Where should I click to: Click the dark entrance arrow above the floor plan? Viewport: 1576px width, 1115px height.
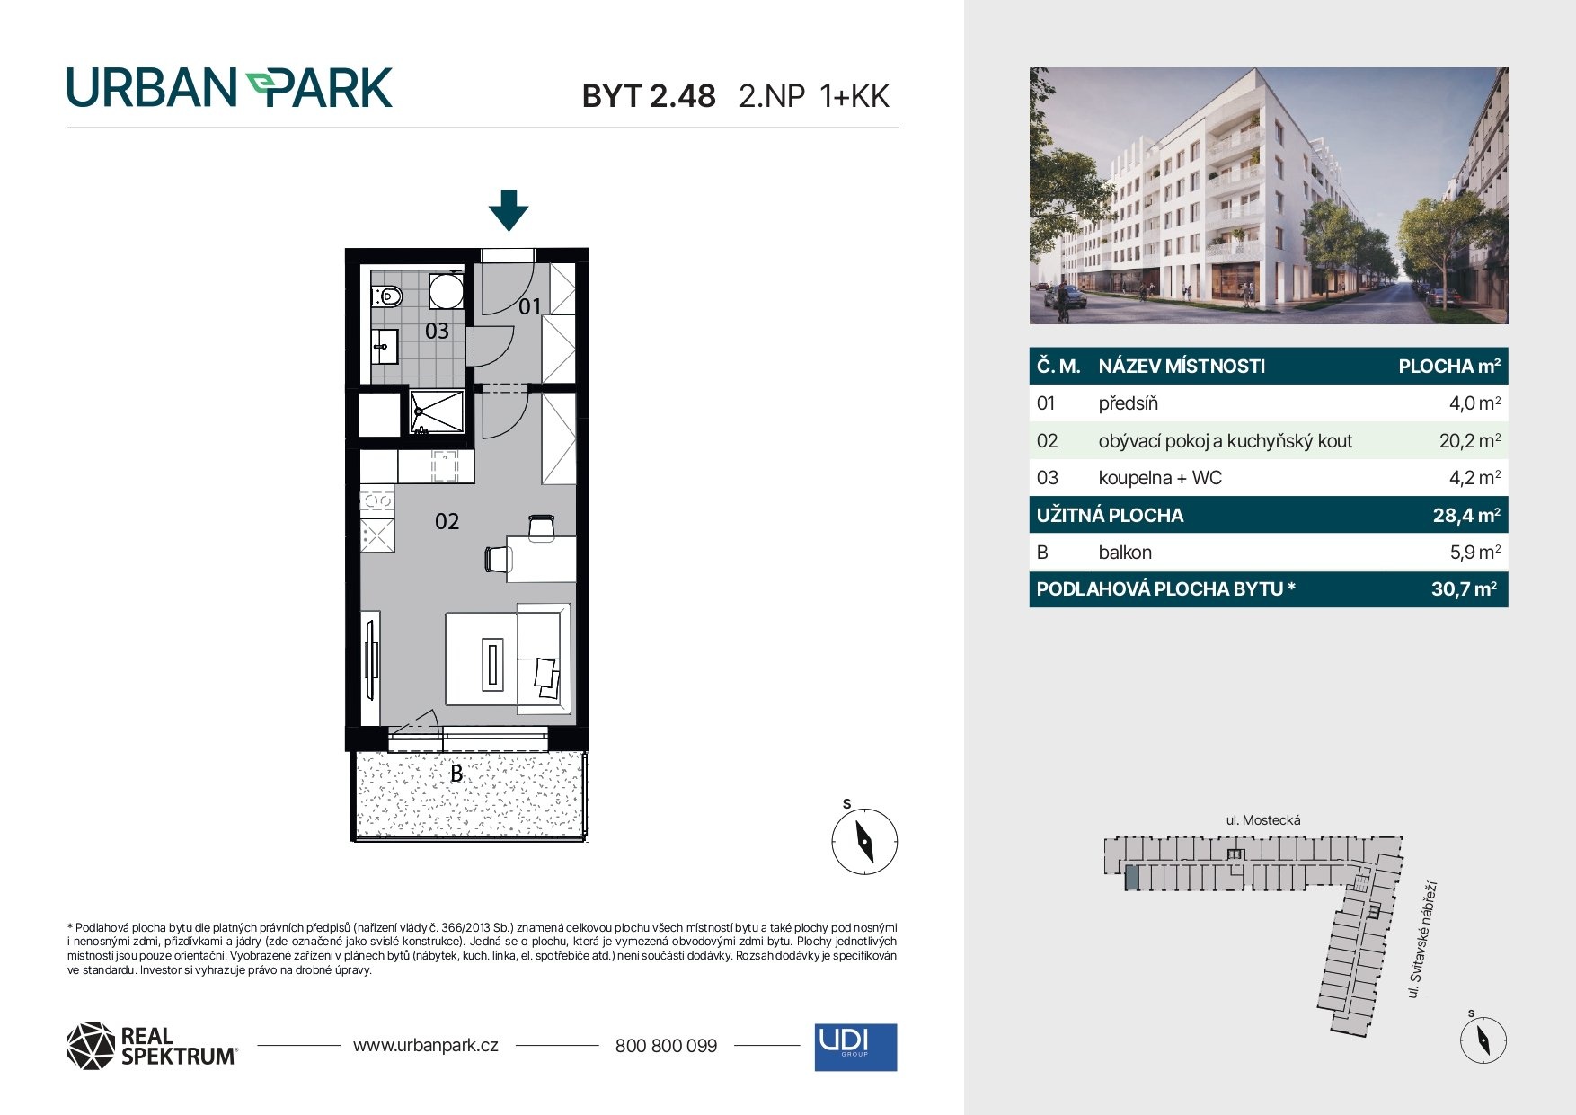[x=509, y=210]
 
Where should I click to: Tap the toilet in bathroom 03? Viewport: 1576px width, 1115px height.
[x=387, y=296]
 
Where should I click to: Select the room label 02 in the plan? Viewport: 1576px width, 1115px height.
[x=447, y=521]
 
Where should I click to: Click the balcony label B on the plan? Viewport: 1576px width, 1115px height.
[x=456, y=773]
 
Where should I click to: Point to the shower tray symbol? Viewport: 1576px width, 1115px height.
[x=438, y=411]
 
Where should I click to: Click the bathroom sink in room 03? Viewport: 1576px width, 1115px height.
[x=385, y=346]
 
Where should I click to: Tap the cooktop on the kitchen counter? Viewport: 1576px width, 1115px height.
[x=377, y=500]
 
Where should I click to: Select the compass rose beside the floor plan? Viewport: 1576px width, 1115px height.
[x=864, y=842]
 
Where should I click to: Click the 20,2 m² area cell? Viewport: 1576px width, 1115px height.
[x=1469, y=440]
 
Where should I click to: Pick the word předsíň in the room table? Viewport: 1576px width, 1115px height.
[x=1128, y=403]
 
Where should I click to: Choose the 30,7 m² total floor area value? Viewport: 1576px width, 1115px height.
[x=1464, y=589]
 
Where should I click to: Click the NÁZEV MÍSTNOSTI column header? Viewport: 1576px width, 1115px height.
[x=1182, y=367]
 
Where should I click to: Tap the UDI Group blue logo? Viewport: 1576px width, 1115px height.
[x=855, y=1047]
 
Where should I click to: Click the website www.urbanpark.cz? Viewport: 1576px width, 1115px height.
[x=426, y=1045]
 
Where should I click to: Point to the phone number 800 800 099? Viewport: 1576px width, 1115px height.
[x=666, y=1046]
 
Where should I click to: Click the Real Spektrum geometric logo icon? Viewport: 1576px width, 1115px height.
[x=91, y=1046]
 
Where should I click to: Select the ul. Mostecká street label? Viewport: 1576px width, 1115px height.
[x=1263, y=819]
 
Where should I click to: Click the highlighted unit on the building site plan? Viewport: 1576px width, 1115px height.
[x=1132, y=878]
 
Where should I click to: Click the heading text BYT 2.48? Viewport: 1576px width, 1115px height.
[x=649, y=96]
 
